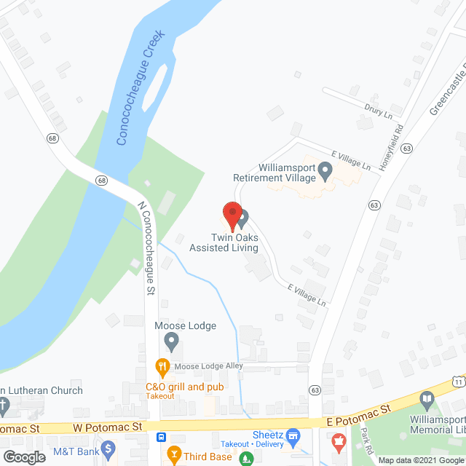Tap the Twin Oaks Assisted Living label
[224, 242]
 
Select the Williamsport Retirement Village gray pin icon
[325, 172]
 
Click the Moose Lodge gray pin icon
[172, 340]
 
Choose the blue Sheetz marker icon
[293, 438]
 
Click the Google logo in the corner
[24, 457]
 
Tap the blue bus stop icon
[159, 438]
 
